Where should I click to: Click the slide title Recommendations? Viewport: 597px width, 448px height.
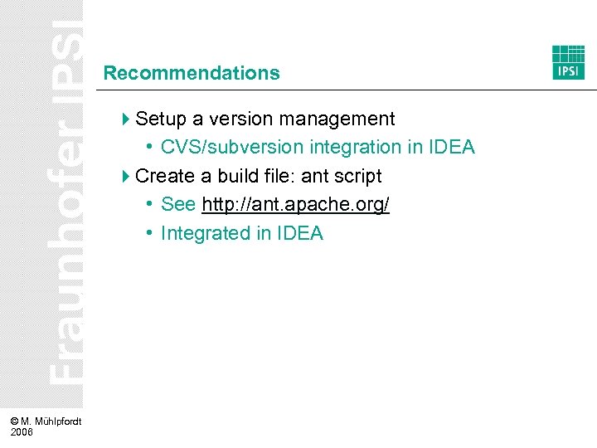192,73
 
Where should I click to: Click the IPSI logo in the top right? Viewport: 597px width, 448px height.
569,62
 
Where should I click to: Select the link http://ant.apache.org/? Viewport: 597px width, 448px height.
295,205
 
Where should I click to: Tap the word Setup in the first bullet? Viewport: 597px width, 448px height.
160,119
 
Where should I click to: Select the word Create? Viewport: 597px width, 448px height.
163,176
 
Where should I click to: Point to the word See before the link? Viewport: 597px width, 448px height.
178,205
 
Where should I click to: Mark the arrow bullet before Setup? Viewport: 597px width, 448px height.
126,119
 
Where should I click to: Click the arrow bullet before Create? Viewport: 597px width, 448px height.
126,176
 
